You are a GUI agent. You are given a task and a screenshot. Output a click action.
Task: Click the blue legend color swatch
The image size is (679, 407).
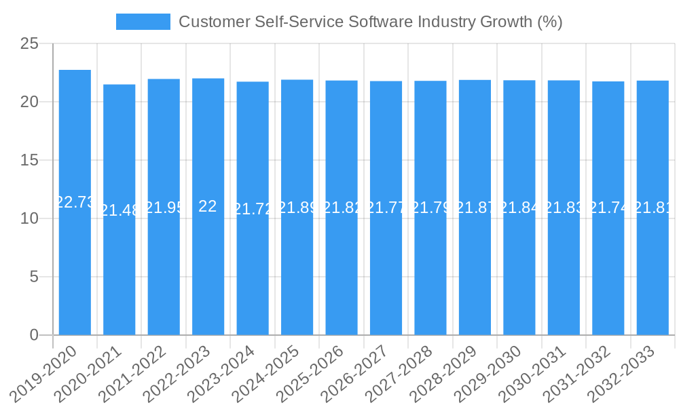pos(143,22)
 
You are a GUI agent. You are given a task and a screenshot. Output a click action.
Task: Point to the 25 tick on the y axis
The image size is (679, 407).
pos(30,44)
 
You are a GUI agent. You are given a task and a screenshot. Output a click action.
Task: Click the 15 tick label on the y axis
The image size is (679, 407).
pos(30,161)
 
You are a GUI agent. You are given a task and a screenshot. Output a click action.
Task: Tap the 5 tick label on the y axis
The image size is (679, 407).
pos(35,277)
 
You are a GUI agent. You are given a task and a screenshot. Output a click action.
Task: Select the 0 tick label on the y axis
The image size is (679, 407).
pos(35,335)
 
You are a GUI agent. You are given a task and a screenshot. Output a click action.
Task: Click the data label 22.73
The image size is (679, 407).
pos(75,202)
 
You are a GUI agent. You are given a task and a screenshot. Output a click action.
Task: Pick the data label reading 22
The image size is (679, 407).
pos(208,206)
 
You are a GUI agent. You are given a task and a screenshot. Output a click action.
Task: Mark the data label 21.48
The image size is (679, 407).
pos(120,210)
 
